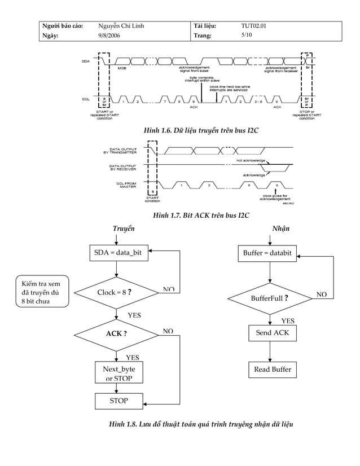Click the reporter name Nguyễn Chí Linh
121,27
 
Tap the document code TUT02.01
253,27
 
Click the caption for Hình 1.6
201,131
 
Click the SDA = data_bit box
118,253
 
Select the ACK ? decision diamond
116,333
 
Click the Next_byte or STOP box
118,373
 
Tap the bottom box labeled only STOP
118,401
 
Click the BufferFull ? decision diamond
270,298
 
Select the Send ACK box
272,333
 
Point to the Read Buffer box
272,370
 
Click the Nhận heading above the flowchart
280,229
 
